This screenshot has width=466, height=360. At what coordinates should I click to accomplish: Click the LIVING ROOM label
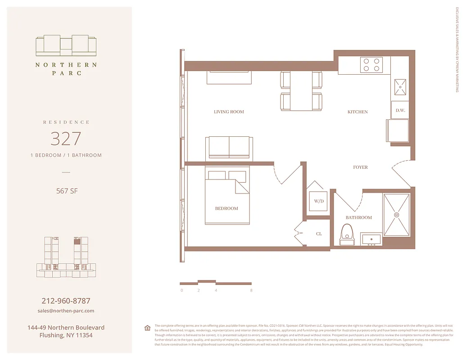229,112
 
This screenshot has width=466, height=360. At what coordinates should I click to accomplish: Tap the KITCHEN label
357,112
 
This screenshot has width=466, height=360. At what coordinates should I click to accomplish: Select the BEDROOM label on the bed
226,208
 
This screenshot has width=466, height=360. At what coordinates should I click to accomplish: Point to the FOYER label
360,167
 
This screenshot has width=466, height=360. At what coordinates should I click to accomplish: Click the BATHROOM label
359,217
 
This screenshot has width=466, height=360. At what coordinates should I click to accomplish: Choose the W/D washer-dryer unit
319,201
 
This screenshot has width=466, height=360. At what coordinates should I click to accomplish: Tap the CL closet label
319,234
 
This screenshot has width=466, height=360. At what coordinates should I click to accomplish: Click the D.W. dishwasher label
400,110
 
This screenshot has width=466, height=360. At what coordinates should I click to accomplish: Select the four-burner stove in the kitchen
371,65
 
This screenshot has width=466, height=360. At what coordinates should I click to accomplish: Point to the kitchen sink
400,86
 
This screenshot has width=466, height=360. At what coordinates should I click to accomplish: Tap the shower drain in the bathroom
397,215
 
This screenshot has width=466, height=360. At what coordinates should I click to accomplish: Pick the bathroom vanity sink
371,239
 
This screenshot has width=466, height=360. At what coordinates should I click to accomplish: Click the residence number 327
66,139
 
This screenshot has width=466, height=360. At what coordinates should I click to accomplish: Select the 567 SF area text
66,191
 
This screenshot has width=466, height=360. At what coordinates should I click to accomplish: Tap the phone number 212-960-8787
66,301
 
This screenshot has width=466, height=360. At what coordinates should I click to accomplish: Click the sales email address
66,310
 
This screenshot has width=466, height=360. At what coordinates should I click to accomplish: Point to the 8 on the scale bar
251,290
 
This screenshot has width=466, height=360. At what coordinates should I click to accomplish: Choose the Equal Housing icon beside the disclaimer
147,328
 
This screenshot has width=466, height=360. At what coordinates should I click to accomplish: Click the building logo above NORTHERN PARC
66,45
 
